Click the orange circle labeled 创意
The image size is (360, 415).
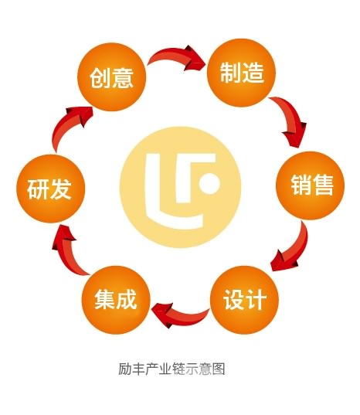tap(111, 77)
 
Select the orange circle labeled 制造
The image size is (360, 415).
tap(241, 73)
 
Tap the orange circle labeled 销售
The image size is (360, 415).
tap(310, 185)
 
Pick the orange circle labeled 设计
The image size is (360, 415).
tap(244, 300)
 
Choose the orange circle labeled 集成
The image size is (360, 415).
tap(116, 300)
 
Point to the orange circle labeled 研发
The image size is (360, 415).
tap(50, 189)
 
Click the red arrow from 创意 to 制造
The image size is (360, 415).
tap(177, 55)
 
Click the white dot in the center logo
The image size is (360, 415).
tap(209, 183)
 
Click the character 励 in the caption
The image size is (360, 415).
tap(124, 369)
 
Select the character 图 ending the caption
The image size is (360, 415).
tap(219, 369)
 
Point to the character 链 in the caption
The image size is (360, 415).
tap(178, 369)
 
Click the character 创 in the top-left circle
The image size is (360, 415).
tap(100, 77)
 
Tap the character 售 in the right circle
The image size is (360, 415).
tap(323, 185)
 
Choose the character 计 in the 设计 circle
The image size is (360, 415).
tap(256, 300)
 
